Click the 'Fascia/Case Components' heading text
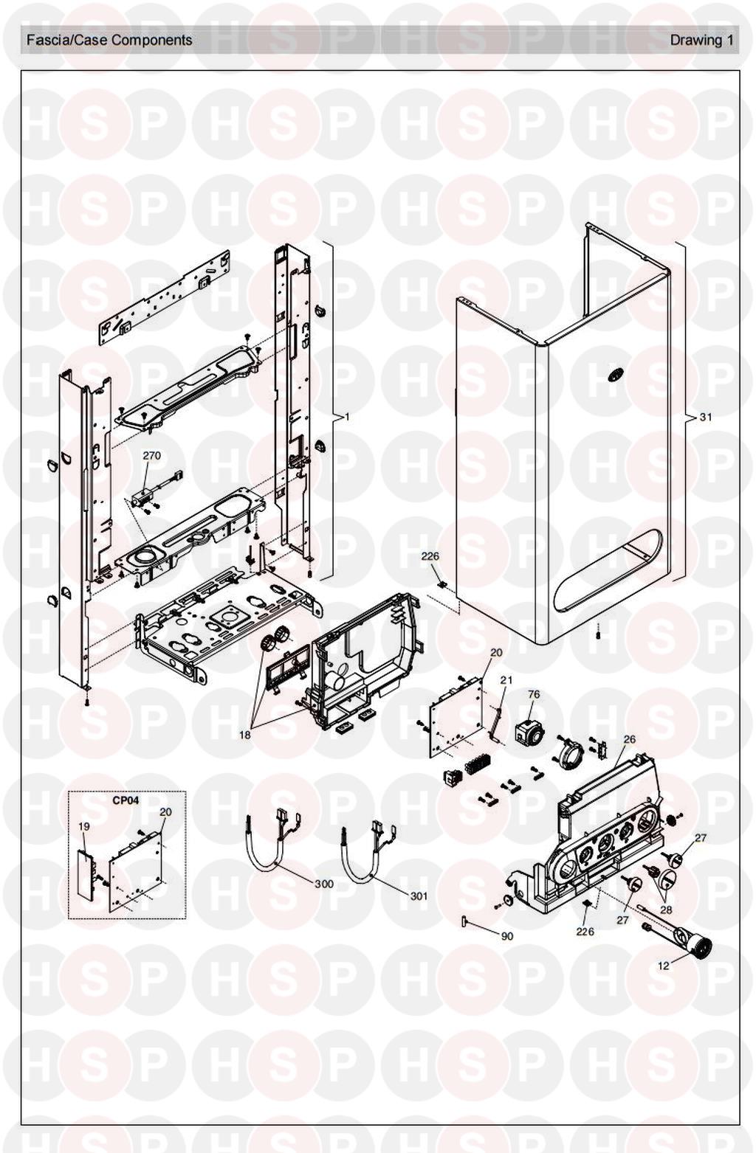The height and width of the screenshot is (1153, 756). [109, 40]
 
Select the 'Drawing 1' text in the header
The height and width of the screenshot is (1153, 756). [701, 40]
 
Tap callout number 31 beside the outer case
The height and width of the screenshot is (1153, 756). [705, 418]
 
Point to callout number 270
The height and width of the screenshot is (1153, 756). [151, 456]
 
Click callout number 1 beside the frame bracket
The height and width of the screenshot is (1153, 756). [347, 417]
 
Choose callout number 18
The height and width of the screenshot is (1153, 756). [244, 735]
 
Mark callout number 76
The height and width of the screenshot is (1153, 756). [534, 694]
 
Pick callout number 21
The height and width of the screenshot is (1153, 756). [506, 680]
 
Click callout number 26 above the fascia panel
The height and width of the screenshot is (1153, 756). [629, 740]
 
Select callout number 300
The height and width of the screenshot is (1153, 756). [324, 884]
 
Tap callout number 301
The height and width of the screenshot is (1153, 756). [419, 896]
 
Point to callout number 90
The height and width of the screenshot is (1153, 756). [507, 936]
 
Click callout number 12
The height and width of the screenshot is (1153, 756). [663, 966]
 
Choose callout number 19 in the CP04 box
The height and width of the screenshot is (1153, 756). [84, 826]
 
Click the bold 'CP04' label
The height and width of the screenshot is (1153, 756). [126, 800]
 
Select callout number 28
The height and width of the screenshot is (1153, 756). [666, 910]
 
